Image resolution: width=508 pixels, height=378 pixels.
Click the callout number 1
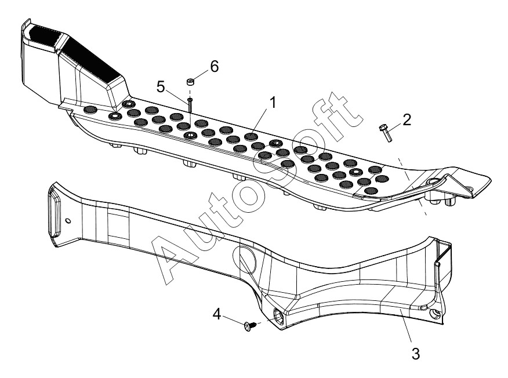[x=273, y=103]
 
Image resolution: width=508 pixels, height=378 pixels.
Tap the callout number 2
[x=407, y=119]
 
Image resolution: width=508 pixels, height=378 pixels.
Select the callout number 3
[x=416, y=354]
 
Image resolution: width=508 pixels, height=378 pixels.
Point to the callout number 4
[x=217, y=314]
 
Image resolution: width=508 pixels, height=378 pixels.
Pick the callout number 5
[x=161, y=87]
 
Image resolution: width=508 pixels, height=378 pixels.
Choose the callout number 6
[x=215, y=67]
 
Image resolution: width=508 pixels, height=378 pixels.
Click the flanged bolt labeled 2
[x=386, y=133]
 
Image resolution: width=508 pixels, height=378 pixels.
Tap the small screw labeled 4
[x=251, y=325]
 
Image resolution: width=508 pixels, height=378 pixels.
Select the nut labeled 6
[x=190, y=81]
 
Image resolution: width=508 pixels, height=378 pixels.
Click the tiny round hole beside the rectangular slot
[x=68, y=221]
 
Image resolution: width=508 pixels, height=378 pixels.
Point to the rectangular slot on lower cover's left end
[x=54, y=214]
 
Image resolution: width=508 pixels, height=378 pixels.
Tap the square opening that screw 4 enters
[x=279, y=315]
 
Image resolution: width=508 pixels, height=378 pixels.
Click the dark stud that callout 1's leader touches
[x=251, y=137]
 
